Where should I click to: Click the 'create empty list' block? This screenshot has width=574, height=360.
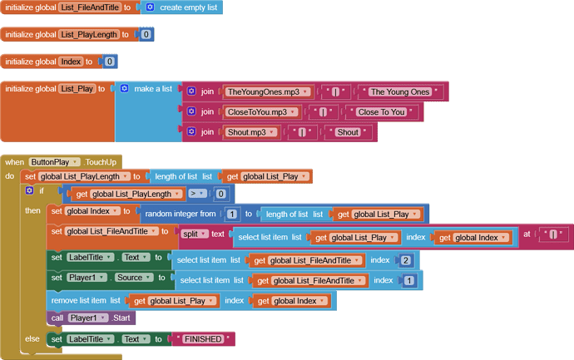(x=181, y=7)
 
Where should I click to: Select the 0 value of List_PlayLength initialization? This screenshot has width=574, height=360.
(x=146, y=34)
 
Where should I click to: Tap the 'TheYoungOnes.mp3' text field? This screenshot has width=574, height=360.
(x=267, y=91)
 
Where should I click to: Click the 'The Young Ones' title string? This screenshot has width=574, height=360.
(x=400, y=91)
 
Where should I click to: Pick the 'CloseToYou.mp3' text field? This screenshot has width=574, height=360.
(x=260, y=112)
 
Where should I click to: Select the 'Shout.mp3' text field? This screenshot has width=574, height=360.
(x=250, y=132)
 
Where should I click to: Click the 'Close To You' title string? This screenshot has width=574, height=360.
(x=382, y=112)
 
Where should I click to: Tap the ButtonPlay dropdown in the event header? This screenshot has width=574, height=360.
(x=54, y=162)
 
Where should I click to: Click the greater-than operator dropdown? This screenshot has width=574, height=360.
(x=197, y=194)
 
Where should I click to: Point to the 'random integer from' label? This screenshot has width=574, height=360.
(x=181, y=214)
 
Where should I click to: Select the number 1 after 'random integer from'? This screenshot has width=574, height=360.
(x=232, y=214)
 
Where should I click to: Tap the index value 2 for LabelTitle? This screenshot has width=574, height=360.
(x=405, y=260)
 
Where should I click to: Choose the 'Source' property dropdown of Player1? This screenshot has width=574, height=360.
(x=134, y=278)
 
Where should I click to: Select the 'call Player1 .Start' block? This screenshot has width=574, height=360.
(x=91, y=318)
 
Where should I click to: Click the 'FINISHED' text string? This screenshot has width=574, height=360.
(x=203, y=339)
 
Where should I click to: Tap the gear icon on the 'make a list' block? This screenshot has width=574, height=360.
(x=125, y=88)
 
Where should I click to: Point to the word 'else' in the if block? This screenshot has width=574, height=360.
(x=32, y=338)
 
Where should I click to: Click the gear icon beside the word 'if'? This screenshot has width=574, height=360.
(x=29, y=190)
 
